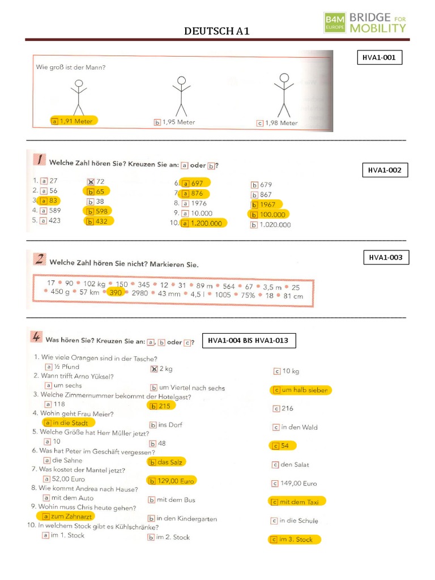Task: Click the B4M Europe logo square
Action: point(335,22)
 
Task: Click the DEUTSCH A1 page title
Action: point(217,31)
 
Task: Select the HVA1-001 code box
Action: point(379,57)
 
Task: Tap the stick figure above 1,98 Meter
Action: point(284,95)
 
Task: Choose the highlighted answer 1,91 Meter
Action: point(74,121)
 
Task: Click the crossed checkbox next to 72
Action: point(90,182)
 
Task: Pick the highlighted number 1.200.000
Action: point(203,223)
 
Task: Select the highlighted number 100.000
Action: point(268,215)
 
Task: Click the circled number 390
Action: point(116,292)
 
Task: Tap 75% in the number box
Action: point(248,295)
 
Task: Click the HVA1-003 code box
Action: point(386,258)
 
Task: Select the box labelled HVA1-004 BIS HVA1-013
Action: point(249,340)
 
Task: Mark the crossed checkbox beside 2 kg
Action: point(154,369)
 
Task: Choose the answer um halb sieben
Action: point(301,390)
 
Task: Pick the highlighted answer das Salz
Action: point(167,462)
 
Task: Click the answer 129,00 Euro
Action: point(172,481)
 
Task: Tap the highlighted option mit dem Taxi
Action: point(297,502)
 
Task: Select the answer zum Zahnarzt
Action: point(66,517)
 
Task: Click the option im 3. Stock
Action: point(295,539)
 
